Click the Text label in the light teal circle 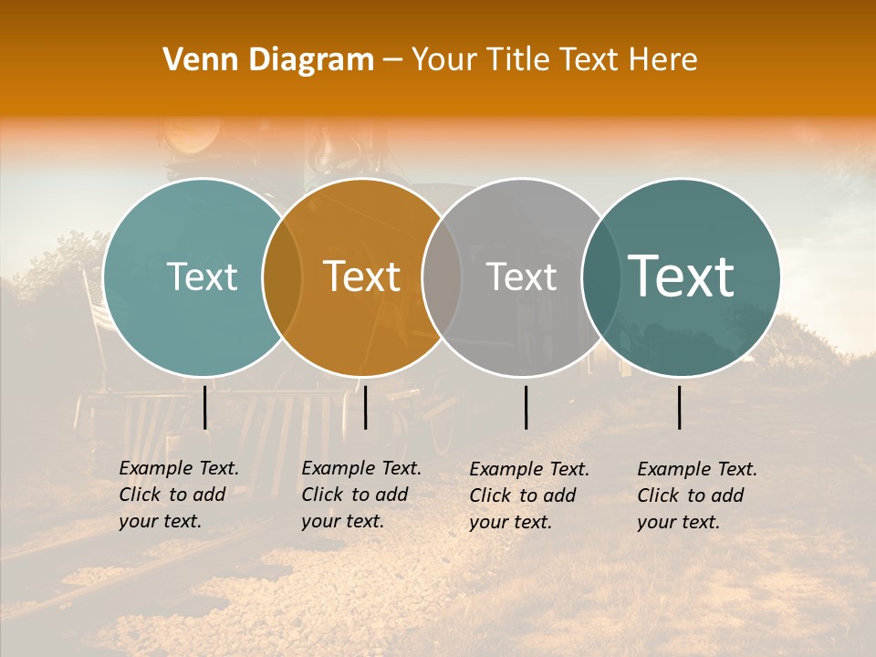(x=202, y=276)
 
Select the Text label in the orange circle (x=361, y=276)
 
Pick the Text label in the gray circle (x=521, y=276)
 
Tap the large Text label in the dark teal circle (x=681, y=276)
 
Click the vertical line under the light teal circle (x=205, y=407)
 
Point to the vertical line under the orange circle (x=365, y=407)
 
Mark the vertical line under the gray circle (x=526, y=407)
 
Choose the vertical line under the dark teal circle (x=680, y=407)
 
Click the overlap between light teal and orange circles (x=283, y=276)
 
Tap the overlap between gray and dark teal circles (x=599, y=276)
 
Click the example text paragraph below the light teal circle (x=178, y=495)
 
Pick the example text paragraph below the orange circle (x=360, y=495)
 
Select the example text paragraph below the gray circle (x=528, y=495)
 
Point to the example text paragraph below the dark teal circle (x=696, y=495)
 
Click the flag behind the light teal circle (x=98, y=306)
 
